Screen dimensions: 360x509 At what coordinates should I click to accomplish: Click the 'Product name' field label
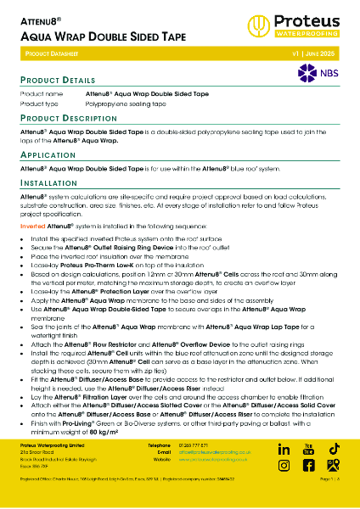pos(41,93)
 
